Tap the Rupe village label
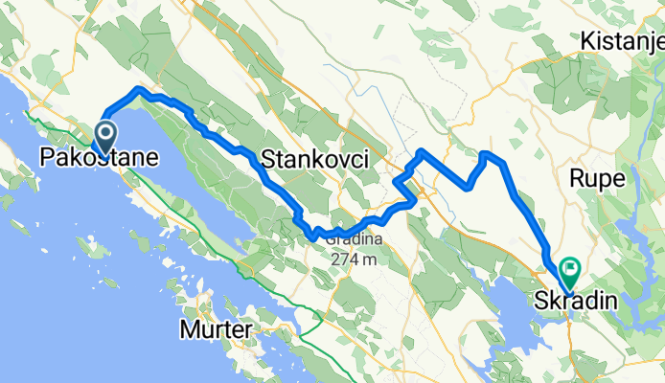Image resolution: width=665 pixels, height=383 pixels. (597, 178)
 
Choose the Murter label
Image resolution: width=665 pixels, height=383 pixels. (216, 330)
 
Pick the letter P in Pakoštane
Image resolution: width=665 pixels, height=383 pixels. (47, 157)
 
